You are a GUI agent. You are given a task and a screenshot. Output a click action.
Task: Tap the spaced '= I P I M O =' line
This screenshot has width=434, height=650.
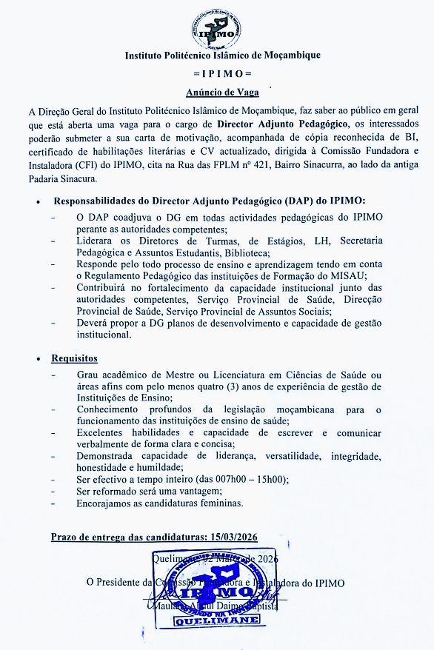tap(217, 75)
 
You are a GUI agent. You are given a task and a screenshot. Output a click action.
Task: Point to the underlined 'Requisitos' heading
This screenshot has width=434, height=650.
tap(75, 358)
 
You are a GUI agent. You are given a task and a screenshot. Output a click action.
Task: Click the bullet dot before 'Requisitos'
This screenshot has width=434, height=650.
tap(39, 358)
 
